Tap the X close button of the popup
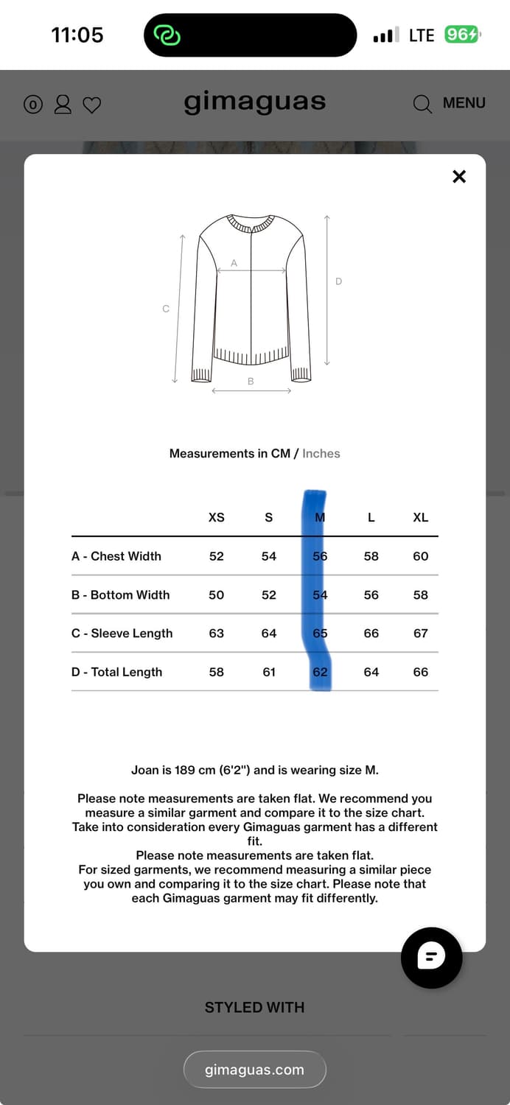coord(459,176)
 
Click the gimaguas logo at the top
coord(254,102)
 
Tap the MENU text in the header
coord(464,103)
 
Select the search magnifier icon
coord(422,104)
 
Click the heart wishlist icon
coord(91,105)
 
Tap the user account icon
coord(63,104)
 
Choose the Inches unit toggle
coord(321,454)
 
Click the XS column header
coord(216,517)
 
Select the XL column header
coord(420,517)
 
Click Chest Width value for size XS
coord(216,556)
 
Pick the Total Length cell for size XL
coord(420,672)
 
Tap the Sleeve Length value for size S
coord(269,634)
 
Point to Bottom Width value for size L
coord(371,595)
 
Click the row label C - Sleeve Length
coord(122,634)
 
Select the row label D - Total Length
coord(116,672)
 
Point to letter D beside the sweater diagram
coord(339,281)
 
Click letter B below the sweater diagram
coord(251,382)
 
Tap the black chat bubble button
coord(431,957)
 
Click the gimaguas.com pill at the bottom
coord(254,1070)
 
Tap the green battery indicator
coord(462,35)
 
